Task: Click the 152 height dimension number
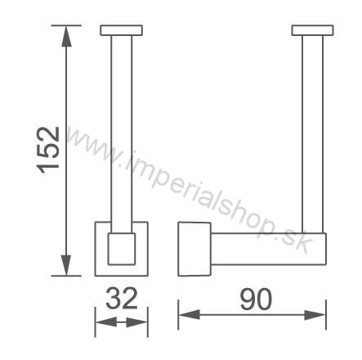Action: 48,150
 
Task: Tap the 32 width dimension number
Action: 122,298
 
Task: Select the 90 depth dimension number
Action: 256,299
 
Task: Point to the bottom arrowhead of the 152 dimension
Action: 66,265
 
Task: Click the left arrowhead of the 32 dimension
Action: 106,322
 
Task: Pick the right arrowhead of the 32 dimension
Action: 137,322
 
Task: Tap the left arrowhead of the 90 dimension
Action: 190,315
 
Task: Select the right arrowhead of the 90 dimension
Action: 315,315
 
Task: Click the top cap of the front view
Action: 121,30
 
